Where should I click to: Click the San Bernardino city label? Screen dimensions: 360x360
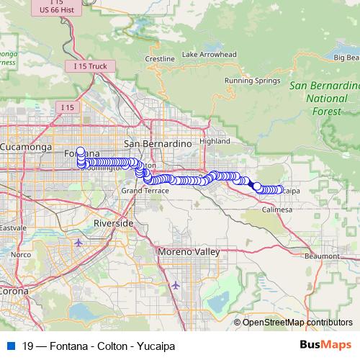point(156,143)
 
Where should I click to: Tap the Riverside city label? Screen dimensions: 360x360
point(114,224)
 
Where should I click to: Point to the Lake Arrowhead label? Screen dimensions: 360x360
point(210,55)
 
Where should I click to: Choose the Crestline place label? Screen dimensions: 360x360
point(160,58)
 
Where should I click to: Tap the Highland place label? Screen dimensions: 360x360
point(214,141)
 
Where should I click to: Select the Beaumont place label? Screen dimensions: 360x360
point(322,256)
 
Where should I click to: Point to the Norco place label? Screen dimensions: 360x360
point(20,254)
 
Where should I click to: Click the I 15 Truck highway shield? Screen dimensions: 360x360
point(90,66)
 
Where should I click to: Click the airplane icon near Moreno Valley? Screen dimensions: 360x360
point(176,285)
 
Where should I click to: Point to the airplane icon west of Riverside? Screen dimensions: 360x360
point(78,242)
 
